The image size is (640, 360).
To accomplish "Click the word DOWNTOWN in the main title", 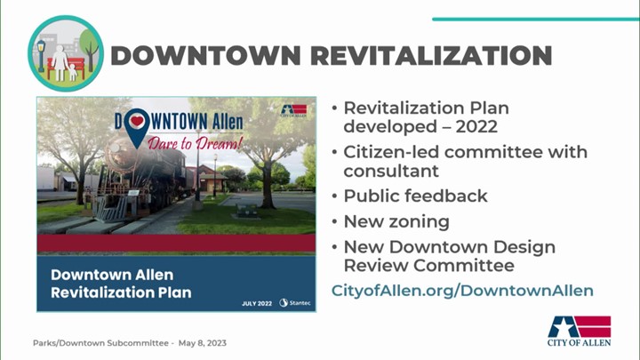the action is point(205,55).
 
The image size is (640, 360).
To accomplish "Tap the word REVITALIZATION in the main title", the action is point(431,55).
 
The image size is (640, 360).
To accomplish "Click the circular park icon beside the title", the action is point(66,53).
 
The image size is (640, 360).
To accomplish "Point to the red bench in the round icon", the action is point(66,68).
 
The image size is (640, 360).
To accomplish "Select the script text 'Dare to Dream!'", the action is point(195,143).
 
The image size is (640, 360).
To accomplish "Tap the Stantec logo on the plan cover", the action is point(295,303).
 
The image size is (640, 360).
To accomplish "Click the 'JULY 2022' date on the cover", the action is point(257,303).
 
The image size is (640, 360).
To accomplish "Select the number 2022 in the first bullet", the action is point(476,126).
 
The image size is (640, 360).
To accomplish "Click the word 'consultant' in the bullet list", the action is point(391,171).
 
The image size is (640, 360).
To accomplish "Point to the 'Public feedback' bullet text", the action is point(415,196).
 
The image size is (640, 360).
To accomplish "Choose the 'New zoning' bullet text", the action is point(396,221).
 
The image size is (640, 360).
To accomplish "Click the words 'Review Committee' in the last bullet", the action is point(429,265).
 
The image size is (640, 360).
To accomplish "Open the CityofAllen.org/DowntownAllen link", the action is point(462,290).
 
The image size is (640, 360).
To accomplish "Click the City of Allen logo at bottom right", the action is point(580,331).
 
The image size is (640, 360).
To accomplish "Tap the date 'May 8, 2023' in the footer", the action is point(203,343).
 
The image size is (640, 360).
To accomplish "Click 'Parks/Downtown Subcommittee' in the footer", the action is point(100,343).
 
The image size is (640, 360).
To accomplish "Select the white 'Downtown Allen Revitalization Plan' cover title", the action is point(121,284).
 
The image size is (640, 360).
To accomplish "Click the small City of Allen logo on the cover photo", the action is point(294,110).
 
